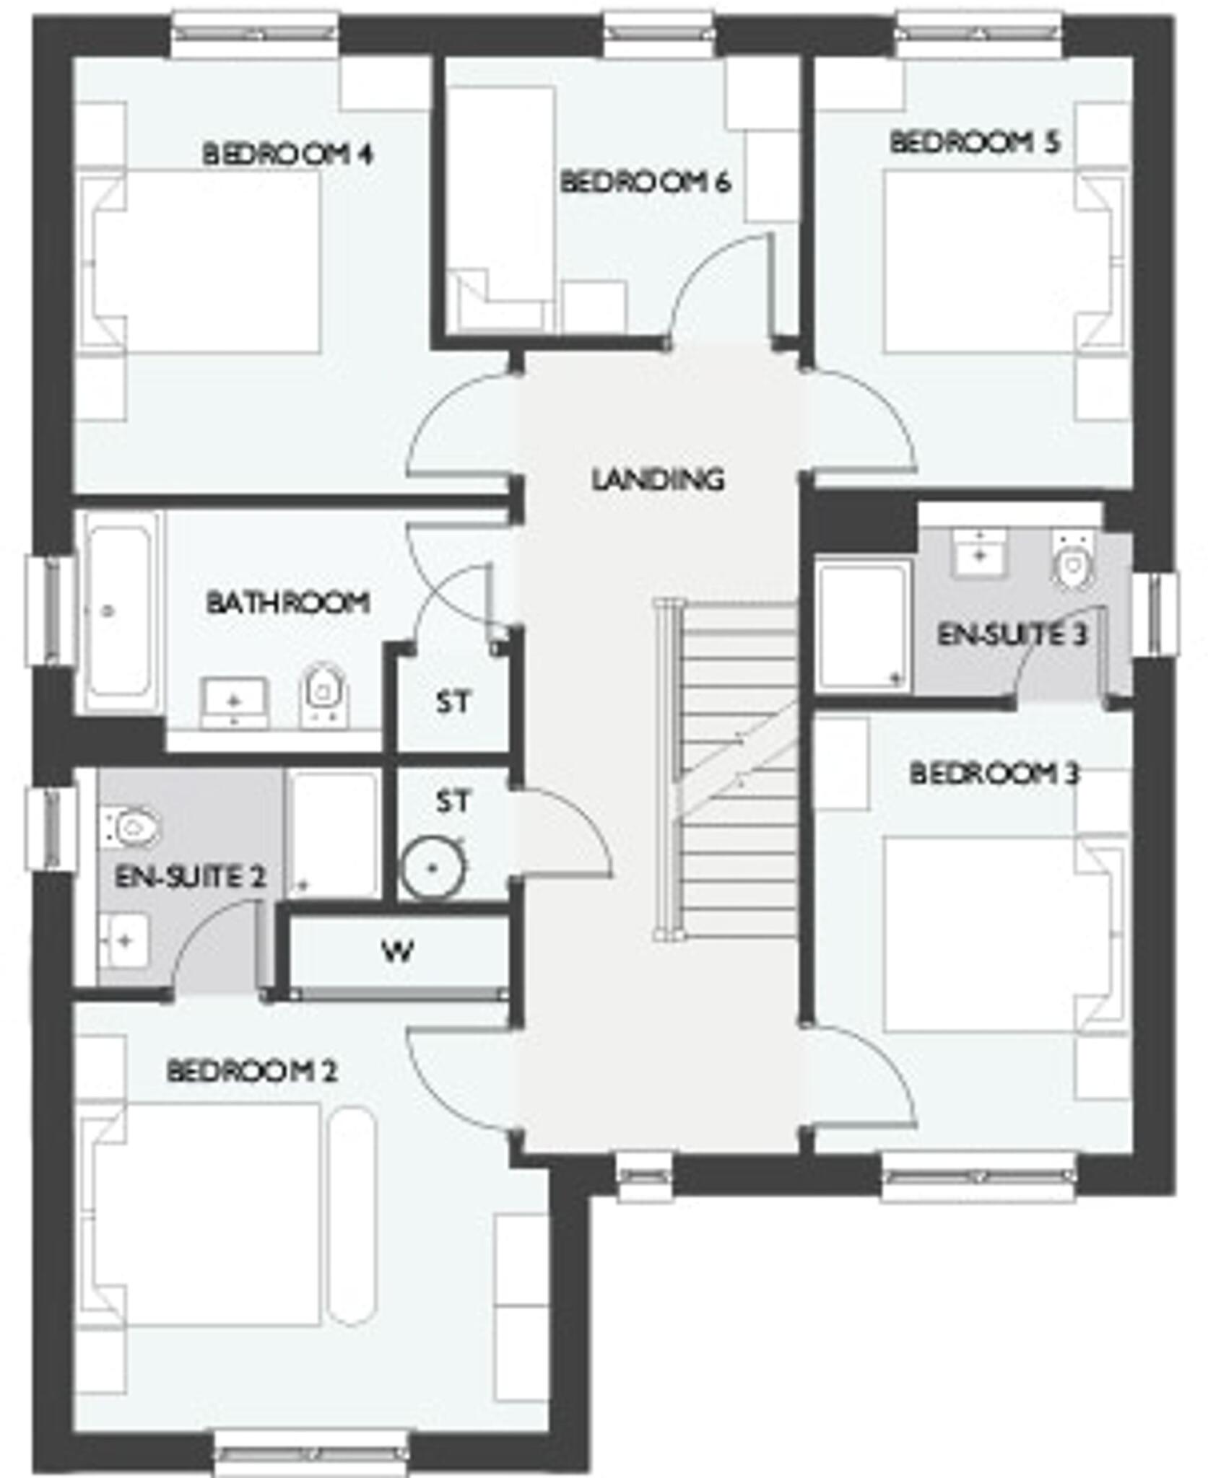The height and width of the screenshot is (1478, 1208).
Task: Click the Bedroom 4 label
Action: tap(287, 154)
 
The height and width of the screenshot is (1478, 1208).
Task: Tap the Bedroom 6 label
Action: tap(645, 183)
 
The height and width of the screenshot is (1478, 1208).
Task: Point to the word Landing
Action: tap(657, 479)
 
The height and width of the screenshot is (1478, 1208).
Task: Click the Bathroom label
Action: tap(287, 602)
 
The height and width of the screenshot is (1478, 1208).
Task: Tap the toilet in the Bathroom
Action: tap(323, 692)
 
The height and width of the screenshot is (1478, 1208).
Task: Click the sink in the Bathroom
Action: tap(234, 701)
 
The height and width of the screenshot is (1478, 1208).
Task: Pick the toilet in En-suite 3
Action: tap(1072, 561)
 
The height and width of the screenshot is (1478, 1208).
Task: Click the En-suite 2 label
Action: tap(191, 878)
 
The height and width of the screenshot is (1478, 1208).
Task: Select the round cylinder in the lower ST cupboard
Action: tap(432, 868)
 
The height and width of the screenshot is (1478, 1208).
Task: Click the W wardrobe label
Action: tap(398, 952)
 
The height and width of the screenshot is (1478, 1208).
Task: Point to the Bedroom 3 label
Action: tap(994, 774)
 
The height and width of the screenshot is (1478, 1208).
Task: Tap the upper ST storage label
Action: tap(453, 702)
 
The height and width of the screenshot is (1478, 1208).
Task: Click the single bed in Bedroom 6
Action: tap(498, 195)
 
